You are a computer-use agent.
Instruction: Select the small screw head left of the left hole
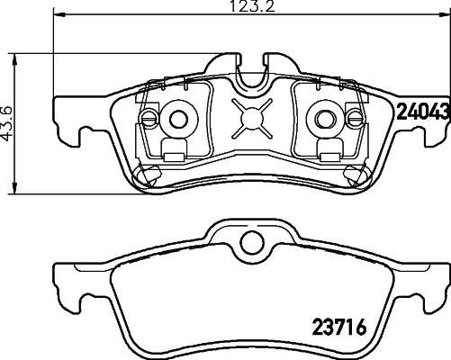[149, 118]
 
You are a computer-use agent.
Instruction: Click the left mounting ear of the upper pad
[79, 126]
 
